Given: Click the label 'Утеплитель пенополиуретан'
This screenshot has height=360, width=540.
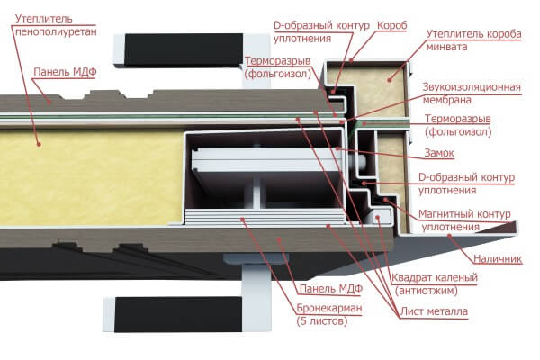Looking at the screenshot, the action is pyautogui.click(x=56, y=25).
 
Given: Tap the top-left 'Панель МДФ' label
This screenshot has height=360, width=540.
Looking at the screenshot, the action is pyautogui.click(x=65, y=72).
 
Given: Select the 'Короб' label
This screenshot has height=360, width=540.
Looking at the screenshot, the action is pyautogui.click(x=391, y=25).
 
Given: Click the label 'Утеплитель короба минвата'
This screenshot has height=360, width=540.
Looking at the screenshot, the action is pyautogui.click(x=474, y=40).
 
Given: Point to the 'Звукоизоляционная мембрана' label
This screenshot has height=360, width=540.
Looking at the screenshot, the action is pyautogui.click(x=472, y=94).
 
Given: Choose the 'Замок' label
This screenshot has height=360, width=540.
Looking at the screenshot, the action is pyautogui.click(x=439, y=153).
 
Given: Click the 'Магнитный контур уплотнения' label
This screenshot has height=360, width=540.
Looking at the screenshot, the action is pyautogui.click(x=464, y=220).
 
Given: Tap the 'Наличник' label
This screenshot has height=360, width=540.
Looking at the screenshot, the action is pyautogui.click(x=498, y=258).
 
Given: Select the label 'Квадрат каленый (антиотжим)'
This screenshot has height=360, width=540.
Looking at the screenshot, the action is pyautogui.click(x=435, y=284).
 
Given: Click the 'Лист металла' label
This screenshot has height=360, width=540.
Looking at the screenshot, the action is pyautogui.click(x=434, y=311).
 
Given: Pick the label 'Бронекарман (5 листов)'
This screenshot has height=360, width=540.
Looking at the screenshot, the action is pyautogui.click(x=328, y=314).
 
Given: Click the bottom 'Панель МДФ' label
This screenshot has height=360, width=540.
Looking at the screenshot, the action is pyautogui.click(x=331, y=289).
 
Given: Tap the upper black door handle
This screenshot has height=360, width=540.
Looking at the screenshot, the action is pyautogui.click(x=184, y=50).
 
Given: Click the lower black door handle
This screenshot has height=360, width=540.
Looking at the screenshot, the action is pyautogui.click(x=178, y=314).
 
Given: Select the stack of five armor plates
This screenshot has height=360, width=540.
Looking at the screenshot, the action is pyautogui.click(x=265, y=217).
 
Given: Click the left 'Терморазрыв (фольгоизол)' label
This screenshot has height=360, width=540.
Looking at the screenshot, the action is pyautogui.click(x=278, y=67).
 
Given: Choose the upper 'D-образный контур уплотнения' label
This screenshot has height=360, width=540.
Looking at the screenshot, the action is pyautogui.click(x=321, y=31).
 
